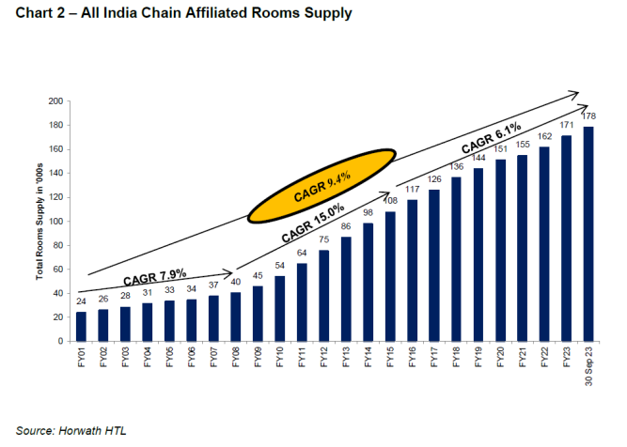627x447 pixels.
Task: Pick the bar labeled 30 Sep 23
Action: pos(588,234)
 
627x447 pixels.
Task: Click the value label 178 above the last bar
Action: pos(588,116)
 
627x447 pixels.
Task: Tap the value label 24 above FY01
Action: pos(80,302)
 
